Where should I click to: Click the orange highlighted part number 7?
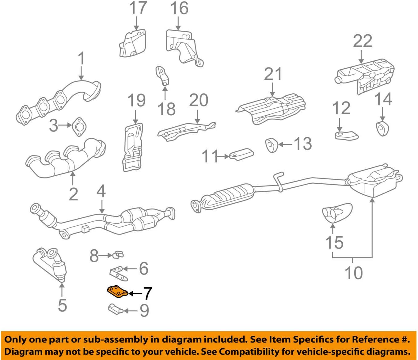117,292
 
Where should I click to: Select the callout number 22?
362,41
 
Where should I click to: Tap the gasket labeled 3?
79,126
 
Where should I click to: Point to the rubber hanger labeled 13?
272,145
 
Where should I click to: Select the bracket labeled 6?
119,273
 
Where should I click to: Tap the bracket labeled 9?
115,309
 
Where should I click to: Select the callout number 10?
353,273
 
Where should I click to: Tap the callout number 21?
273,74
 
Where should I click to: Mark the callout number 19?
136,100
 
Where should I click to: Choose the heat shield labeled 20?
185,130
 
